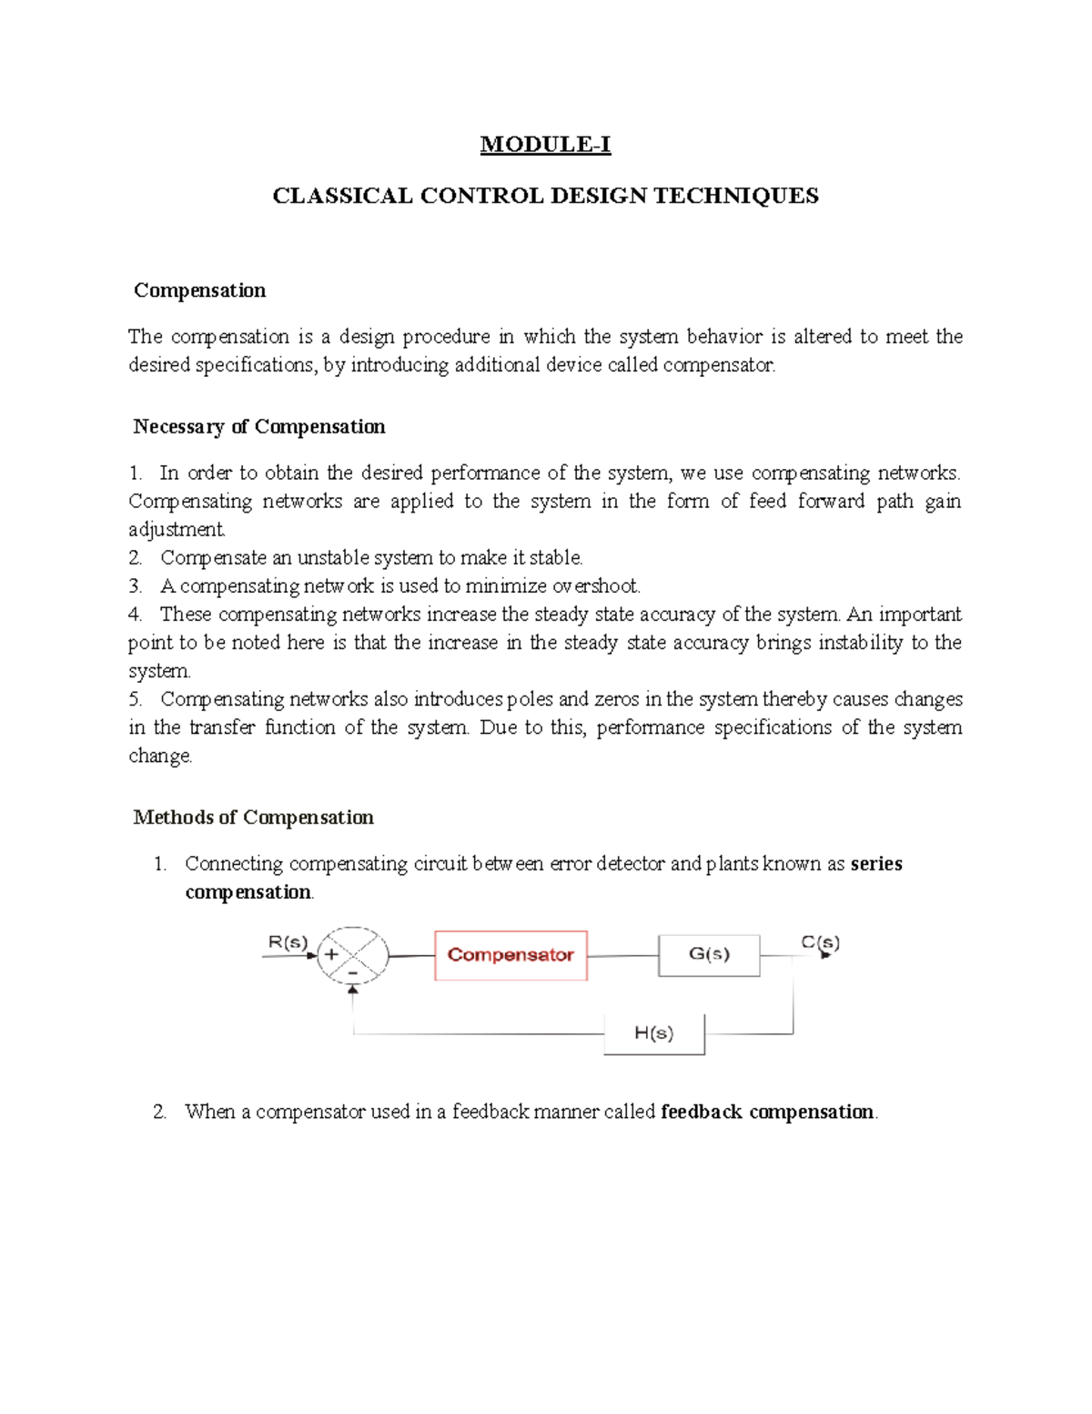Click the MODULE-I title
pyautogui.click(x=545, y=145)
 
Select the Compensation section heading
pyautogui.click(x=199, y=290)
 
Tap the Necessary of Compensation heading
pyautogui.click(x=258, y=427)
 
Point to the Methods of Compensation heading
pyautogui.click(x=253, y=818)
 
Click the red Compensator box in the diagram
pyautogui.click(x=511, y=955)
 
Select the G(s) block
pyautogui.click(x=709, y=955)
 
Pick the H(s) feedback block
pyautogui.click(x=654, y=1033)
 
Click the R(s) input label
pyautogui.click(x=288, y=942)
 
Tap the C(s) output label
pyautogui.click(x=820, y=942)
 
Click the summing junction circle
pyautogui.click(x=352, y=956)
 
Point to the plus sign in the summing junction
pyautogui.click(x=332, y=955)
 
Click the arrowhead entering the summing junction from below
pyautogui.click(x=353, y=990)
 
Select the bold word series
pyautogui.click(x=876, y=864)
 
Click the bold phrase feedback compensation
pyautogui.click(x=767, y=1112)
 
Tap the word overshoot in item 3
pyautogui.click(x=596, y=585)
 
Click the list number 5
pyautogui.click(x=135, y=699)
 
